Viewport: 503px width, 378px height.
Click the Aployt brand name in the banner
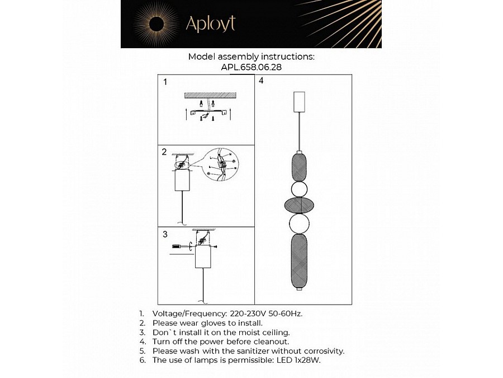(x=210, y=24)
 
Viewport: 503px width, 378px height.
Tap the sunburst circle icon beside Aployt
(x=156, y=24)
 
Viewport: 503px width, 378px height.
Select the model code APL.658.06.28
(x=251, y=67)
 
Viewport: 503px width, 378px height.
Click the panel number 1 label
(x=165, y=82)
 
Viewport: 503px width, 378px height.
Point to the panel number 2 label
(x=164, y=152)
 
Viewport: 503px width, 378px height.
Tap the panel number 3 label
(x=164, y=234)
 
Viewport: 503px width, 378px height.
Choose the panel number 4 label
(x=261, y=81)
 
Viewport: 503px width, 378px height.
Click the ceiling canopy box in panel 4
(x=300, y=101)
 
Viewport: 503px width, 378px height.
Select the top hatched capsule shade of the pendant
(x=300, y=167)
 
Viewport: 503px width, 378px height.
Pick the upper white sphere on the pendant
(x=300, y=189)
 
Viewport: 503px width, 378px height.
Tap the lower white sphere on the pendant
(x=300, y=224)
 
